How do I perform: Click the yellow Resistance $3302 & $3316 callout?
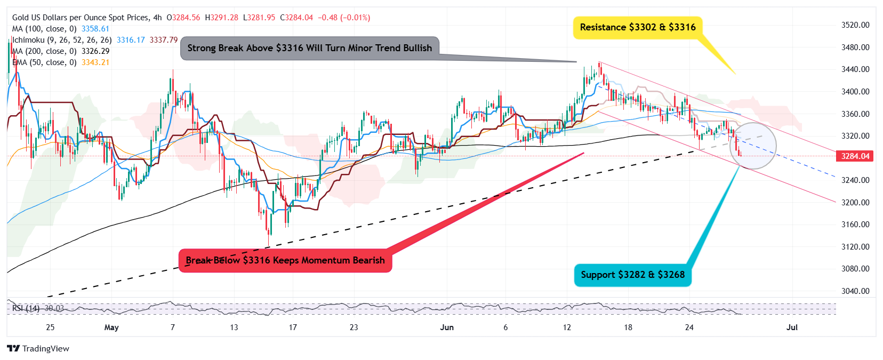(x=638, y=27)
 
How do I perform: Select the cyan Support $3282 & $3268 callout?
(x=632, y=275)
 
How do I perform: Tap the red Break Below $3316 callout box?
(x=285, y=260)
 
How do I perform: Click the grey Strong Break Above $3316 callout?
(x=310, y=48)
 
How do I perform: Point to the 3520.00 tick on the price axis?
(x=855, y=25)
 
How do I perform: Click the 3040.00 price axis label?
(x=855, y=291)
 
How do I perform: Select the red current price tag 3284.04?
(x=855, y=156)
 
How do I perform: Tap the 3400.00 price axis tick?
(x=855, y=92)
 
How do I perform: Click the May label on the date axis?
(x=111, y=327)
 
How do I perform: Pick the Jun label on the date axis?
(x=447, y=327)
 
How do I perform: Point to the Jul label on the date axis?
(x=792, y=327)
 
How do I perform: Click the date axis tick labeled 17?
(x=293, y=327)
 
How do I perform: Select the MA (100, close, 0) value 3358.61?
(x=95, y=29)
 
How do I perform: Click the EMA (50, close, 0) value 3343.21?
(x=95, y=62)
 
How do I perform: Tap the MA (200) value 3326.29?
(x=95, y=51)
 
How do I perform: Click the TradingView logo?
(x=38, y=348)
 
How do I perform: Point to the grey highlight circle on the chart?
(x=752, y=146)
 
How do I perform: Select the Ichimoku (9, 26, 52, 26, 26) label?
(x=62, y=40)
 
